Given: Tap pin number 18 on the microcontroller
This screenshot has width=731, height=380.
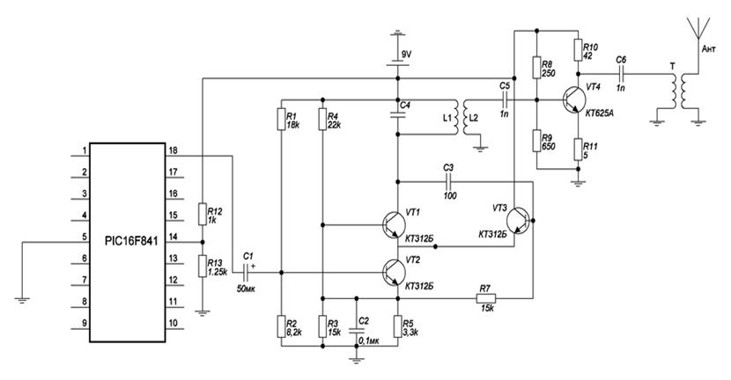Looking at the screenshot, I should coord(173,151).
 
